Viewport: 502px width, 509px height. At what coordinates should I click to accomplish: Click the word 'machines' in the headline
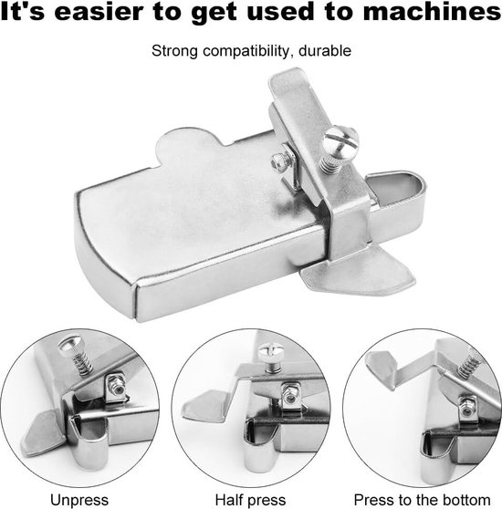(x=432, y=12)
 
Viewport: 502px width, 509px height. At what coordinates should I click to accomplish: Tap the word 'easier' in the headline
(x=98, y=12)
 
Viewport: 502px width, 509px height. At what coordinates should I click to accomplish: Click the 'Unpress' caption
(x=79, y=500)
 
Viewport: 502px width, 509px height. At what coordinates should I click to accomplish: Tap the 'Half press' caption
(x=250, y=500)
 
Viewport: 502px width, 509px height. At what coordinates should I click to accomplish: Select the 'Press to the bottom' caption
(x=422, y=500)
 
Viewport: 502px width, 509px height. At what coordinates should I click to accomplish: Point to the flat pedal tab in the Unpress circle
(x=42, y=432)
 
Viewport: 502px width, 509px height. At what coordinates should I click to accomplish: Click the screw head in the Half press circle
(x=271, y=351)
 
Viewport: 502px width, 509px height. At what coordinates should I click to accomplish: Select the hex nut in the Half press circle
(x=289, y=393)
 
